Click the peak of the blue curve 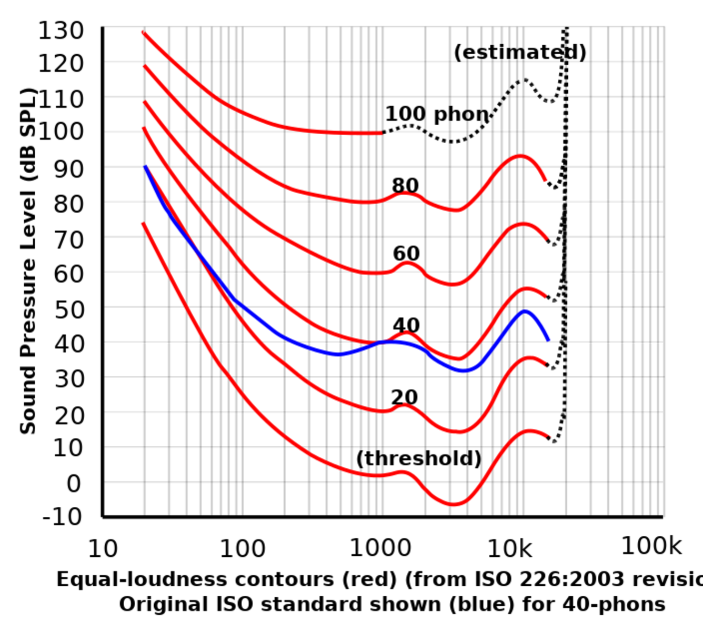526,312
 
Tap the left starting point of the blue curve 145,167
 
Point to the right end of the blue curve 548,338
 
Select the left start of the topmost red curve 143,32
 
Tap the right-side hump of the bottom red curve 529,432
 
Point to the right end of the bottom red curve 549,436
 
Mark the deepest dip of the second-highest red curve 456,209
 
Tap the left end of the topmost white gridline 106,62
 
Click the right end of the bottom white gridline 662,412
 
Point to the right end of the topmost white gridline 662,62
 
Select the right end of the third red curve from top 547,239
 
